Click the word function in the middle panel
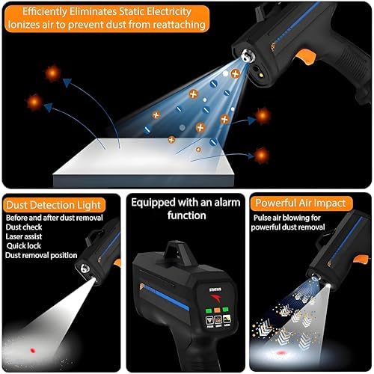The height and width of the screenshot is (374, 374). tap(186, 215)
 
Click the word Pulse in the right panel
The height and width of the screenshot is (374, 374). tap(263, 218)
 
